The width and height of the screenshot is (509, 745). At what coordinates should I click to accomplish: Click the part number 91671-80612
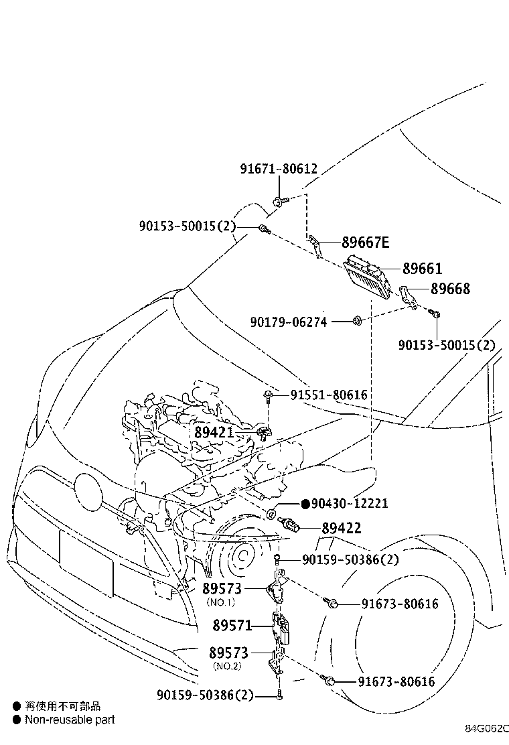click(279, 170)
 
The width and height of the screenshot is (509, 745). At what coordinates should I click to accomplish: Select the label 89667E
click(365, 243)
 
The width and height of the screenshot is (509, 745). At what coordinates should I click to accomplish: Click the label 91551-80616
click(328, 395)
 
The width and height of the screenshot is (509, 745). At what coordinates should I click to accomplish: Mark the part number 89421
click(214, 432)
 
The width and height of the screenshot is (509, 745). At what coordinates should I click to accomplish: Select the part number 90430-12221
click(350, 503)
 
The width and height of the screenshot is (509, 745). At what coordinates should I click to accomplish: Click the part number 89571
click(232, 626)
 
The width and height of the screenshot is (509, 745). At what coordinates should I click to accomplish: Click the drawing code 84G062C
click(488, 728)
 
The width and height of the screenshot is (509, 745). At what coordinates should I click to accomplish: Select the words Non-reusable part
click(70, 720)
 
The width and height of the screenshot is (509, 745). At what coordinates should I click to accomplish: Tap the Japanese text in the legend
click(63, 706)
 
